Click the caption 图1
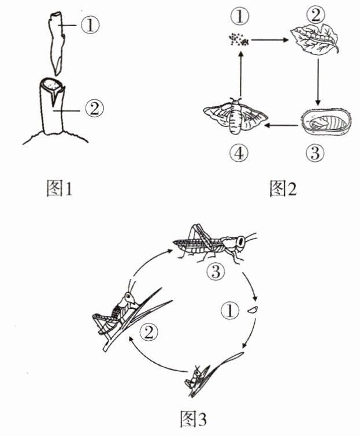(60, 188)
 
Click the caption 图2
(283, 188)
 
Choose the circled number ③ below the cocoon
(315, 153)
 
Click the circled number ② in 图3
(149, 331)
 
